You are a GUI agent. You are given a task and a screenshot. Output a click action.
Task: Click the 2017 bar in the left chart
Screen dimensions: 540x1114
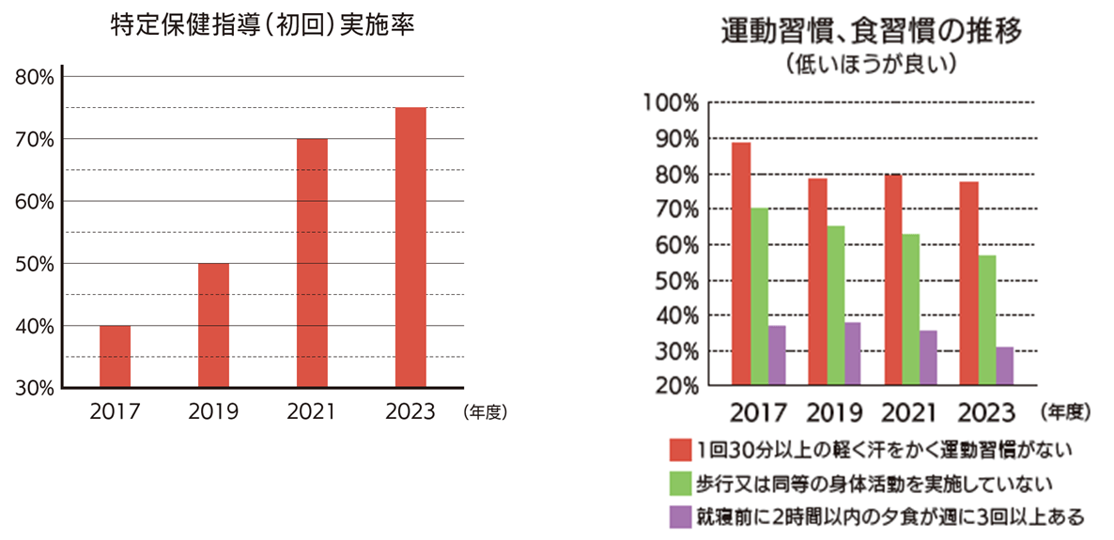click(115, 356)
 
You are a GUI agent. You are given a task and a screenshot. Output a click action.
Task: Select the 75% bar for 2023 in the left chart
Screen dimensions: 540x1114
click(410, 247)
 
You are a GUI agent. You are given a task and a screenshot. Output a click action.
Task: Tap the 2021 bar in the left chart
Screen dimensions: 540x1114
click(312, 263)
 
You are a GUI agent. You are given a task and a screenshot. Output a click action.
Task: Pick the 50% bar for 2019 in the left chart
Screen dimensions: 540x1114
click(213, 325)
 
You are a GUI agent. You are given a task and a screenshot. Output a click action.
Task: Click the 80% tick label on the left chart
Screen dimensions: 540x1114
click(35, 77)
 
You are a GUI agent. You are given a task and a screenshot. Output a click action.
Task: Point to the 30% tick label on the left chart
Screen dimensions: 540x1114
click(35, 387)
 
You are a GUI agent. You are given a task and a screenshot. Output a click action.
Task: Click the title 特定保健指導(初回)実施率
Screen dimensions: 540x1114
click(262, 27)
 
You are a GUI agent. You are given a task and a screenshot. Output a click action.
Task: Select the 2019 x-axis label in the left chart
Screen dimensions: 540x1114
click(213, 411)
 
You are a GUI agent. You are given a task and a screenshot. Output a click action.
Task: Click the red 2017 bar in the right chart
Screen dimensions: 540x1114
click(741, 264)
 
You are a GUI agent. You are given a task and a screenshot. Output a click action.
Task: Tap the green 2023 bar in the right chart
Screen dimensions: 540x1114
click(986, 320)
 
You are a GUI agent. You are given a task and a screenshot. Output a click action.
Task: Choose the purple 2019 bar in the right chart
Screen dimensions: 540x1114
click(852, 354)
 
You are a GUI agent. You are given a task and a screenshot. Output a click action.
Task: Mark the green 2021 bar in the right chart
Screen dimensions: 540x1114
click(911, 310)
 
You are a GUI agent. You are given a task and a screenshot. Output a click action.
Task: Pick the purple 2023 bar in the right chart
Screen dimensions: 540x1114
click(1005, 366)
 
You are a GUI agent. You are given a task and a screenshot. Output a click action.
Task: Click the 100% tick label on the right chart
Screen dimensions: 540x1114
click(672, 102)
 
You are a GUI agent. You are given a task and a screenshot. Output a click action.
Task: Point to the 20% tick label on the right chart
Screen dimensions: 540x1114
click(673, 386)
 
